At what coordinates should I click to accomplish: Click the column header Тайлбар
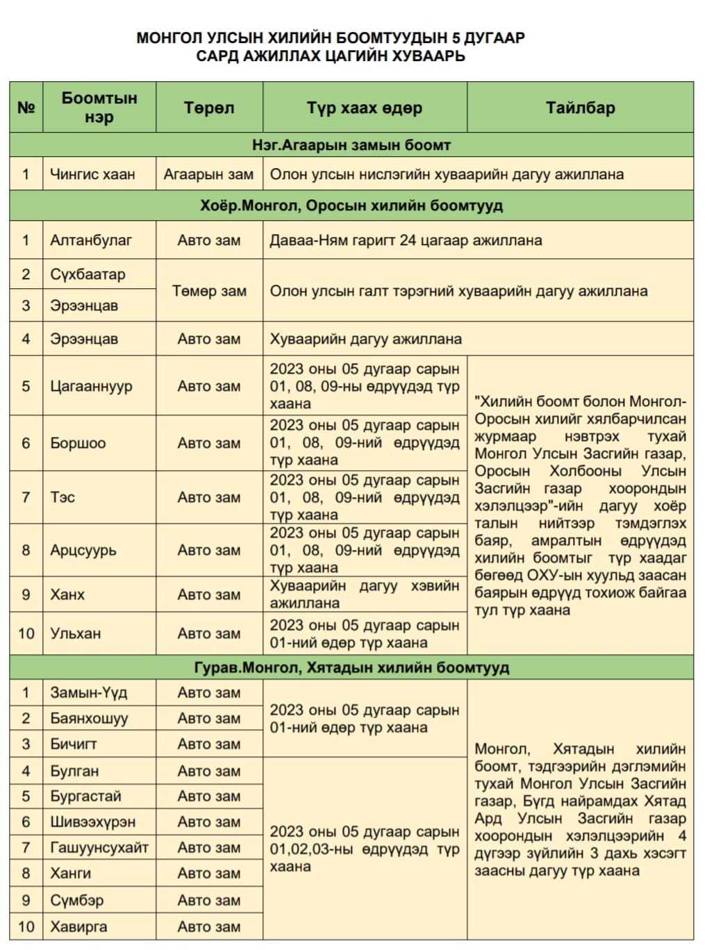coord(580,108)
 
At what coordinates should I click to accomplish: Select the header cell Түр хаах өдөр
coord(365,108)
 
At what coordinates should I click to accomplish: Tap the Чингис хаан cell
coord(92,174)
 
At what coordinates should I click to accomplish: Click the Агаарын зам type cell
coord(208,174)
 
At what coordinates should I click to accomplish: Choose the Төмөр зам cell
coord(209,291)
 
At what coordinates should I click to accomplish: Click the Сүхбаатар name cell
coord(88,274)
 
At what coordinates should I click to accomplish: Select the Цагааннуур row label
coord(91,386)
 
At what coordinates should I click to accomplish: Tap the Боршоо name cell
coord(78,443)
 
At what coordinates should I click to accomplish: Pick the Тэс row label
coord(63,497)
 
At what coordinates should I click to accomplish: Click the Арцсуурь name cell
coord(83,550)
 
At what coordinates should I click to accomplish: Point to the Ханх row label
coord(67,594)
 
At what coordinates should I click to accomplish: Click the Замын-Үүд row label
coord(88,692)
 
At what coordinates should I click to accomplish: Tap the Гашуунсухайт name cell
coord(99,847)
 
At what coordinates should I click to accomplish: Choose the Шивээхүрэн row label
coord(92,822)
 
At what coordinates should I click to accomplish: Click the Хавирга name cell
coord(78,926)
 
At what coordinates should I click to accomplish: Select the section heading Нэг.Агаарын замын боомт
coord(351,145)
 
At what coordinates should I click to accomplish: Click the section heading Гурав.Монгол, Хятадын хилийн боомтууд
coord(351,667)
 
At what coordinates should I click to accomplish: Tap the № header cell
coord(26,108)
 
